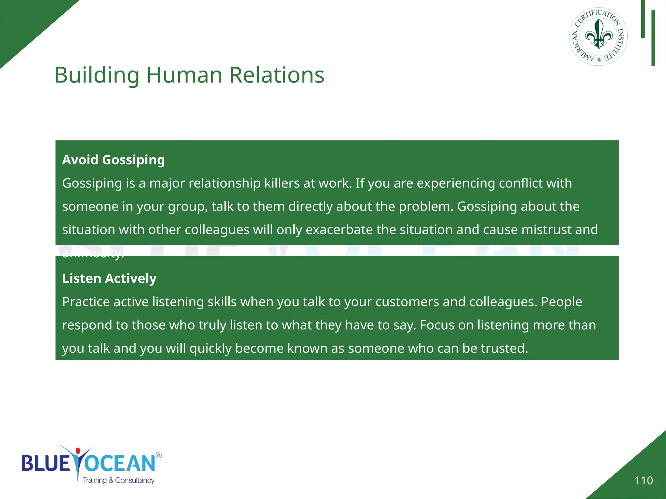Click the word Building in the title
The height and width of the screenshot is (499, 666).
(97, 75)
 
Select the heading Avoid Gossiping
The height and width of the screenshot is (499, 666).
(113, 160)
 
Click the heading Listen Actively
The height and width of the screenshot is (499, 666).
(109, 278)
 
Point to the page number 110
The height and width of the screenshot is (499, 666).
(644, 480)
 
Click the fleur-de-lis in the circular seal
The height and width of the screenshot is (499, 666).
(599, 35)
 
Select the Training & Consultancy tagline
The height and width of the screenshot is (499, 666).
(118, 480)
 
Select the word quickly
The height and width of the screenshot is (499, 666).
(210, 348)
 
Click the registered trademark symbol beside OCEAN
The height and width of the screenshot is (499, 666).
(159, 455)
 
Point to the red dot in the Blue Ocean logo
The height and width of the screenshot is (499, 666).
(78, 451)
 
